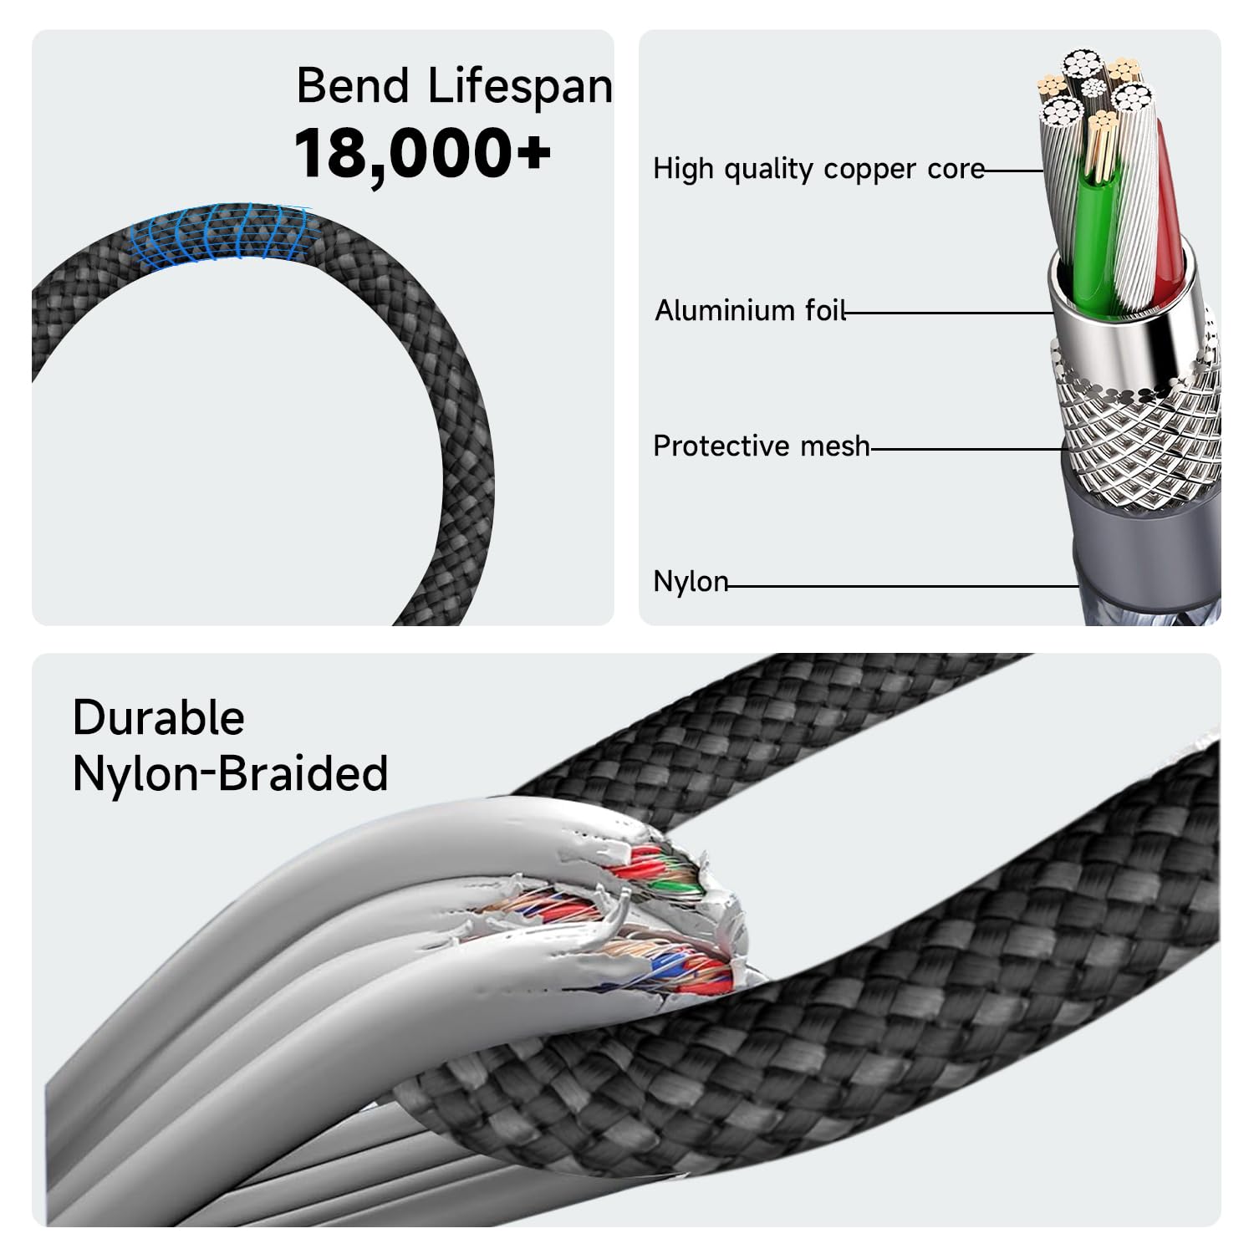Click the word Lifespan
tap(520, 87)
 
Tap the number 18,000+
tap(422, 152)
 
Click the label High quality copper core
tap(818, 169)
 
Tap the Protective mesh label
tap(761, 446)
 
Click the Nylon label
tap(690, 581)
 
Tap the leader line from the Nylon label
tap(903, 585)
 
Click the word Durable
tap(158, 717)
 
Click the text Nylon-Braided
tap(230, 773)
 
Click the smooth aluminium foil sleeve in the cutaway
tap(1120, 326)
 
